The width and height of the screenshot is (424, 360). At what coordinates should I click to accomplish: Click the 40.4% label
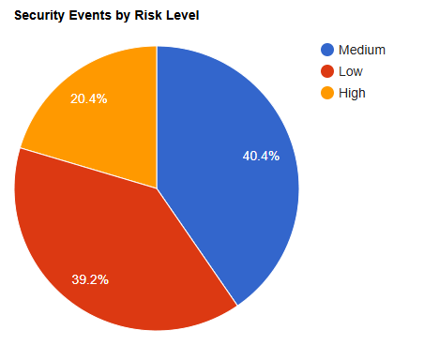(x=261, y=156)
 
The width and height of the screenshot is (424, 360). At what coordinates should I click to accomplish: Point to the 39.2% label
(x=90, y=279)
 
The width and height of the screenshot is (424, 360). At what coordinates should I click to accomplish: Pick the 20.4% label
(x=89, y=98)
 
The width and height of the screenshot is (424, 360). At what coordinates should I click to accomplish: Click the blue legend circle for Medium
(x=327, y=50)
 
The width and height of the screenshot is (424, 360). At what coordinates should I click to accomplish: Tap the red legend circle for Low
(x=327, y=71)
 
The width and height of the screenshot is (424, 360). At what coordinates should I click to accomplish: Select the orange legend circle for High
(x=327, y=93)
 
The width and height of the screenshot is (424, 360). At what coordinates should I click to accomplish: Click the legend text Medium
(x=362, y=50)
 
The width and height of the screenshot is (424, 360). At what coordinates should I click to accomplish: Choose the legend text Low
(x=351, y=71)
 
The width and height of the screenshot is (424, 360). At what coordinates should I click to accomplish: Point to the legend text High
(x=352, y=94)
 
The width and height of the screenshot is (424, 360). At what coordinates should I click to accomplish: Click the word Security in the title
(x=40, y=16)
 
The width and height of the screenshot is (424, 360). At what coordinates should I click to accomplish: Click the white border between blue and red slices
(x=197, y=247)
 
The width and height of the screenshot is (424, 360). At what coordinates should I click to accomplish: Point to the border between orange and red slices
(x=88, y=168)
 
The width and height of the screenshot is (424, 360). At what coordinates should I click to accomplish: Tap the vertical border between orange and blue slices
(x=157, y=117)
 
